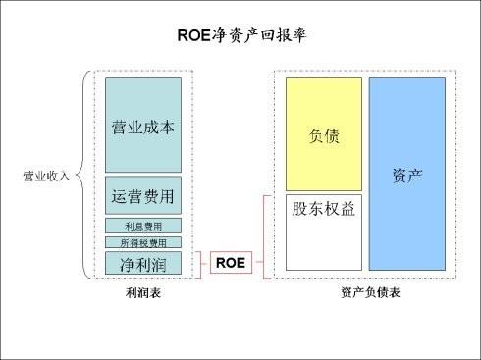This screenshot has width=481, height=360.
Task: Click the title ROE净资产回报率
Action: (x=240, y=36)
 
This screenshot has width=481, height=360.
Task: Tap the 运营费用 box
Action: (x=143, y=195)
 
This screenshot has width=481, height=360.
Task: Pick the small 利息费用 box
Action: (x=143, y=227)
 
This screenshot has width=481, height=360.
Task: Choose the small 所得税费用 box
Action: (x=143, y=242)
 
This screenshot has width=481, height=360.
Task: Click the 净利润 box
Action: (x=143, y=263)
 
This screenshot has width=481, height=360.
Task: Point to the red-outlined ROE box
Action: (x=230, y=263)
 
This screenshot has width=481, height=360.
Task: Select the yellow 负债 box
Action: (x=324, y=134)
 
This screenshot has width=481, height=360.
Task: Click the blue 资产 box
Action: (x=406, y=175)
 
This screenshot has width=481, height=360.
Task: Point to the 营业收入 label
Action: (x=45, y=178)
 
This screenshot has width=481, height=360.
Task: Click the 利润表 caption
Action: (x=143, y=293)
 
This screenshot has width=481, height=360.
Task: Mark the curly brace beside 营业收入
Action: (x=82, y=177)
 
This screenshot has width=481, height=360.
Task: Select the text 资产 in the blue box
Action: (x=406, y=175)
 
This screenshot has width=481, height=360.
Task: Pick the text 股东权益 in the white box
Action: (x=324, y=209)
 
